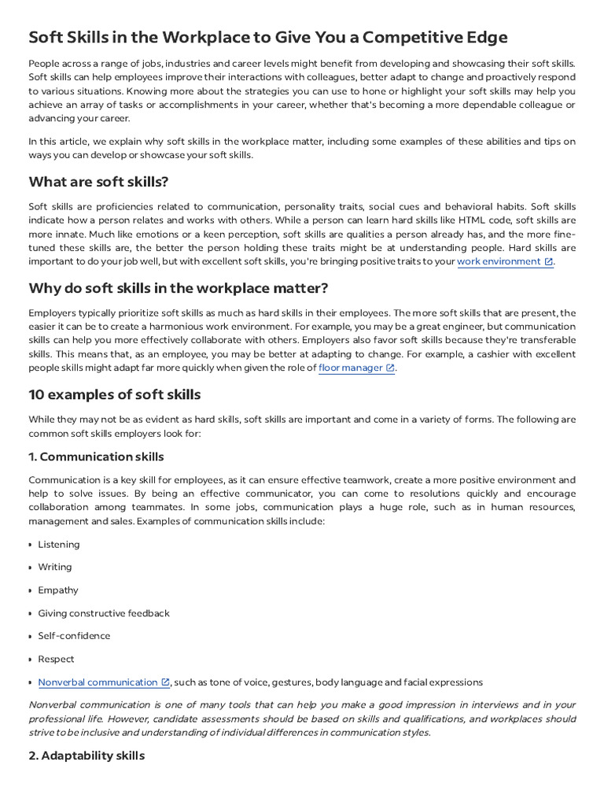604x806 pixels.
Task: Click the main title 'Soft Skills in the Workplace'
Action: click(268, 37)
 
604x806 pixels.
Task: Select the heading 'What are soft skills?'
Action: click(98, 182)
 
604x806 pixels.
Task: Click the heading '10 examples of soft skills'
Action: click(114, 394)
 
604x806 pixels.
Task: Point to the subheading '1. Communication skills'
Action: click(96, 457)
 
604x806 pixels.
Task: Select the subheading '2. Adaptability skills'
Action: click(87, 756)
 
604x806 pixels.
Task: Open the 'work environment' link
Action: click(499, 261)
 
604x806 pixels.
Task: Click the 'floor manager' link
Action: click(351, 368)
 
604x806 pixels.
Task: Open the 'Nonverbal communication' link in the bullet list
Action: click(98, 682)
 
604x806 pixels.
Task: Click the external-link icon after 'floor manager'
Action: click(390, 368)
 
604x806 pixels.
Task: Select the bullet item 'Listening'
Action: click(58, 545)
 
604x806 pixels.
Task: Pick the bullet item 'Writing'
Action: click(54, 568)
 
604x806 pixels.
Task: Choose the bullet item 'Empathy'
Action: click(58, 590)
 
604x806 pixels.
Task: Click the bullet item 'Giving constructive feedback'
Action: click(104, 613)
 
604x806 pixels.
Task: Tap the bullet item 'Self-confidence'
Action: click(74, 636)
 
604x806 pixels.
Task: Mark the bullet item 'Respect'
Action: click(56, 659)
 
